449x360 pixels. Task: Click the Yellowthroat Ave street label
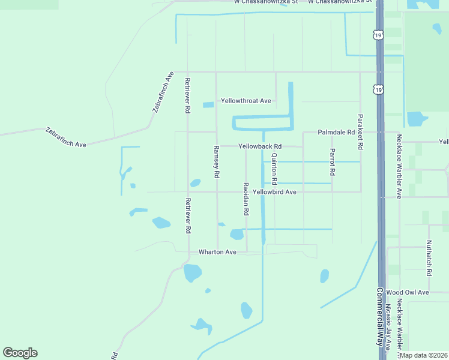246,101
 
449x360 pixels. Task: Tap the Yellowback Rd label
260,146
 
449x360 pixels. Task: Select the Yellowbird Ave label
275,192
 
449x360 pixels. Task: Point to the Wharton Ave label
218,253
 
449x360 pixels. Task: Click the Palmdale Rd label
337,132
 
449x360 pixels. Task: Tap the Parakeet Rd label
360,132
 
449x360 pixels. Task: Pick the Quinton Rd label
274,169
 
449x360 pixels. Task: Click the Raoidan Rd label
246,199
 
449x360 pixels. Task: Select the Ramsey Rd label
216,161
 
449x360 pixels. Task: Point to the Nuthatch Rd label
429,258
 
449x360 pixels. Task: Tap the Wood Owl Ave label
408,292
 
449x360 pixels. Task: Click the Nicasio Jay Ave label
389,327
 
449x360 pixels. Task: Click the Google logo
20,353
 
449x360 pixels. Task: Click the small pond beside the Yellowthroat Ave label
208,105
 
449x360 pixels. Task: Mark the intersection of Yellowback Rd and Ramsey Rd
216,146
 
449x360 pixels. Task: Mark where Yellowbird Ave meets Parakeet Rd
360,192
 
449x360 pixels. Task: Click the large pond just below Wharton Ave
192,273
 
